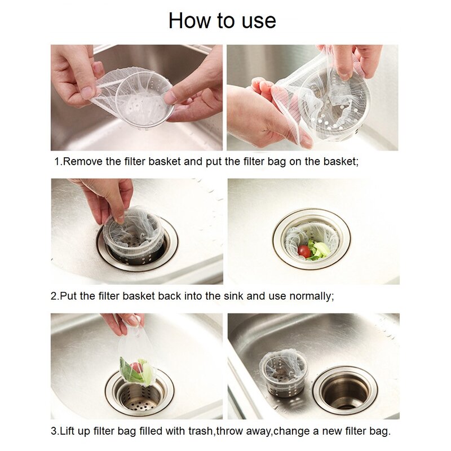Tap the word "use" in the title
click(258, 21)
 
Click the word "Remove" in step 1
click(83, 161)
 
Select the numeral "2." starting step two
click(55, 295)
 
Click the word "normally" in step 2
click(309, 295)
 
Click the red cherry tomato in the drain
click(304, 251)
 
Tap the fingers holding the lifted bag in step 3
click(121, 323)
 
